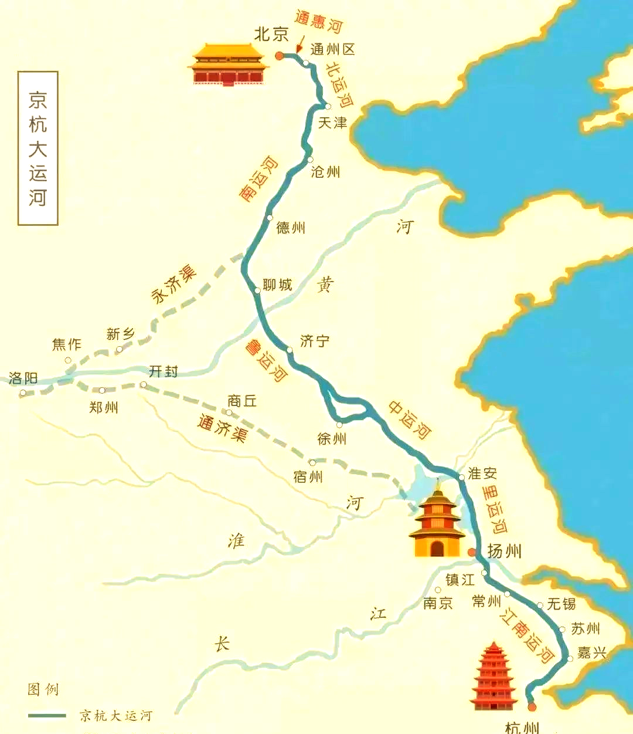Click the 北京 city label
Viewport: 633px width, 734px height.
(x=271, y=35)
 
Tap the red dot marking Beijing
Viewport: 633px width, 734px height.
(x=280, y=56)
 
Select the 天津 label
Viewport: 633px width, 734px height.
(x=332, y=123)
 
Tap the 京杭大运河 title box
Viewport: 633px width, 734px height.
(x=38, y=148)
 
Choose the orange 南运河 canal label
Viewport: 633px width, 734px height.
(x=259, y=179)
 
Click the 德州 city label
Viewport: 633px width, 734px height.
(x=291, y=228)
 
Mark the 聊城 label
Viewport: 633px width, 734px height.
(x=277, y=285)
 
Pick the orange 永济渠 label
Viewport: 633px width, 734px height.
(x=173, y=284)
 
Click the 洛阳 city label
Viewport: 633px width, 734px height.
(x=23, y=378)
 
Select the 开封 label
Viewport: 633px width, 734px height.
(x=163, y=371)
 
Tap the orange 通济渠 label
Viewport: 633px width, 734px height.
(x=222, y=428)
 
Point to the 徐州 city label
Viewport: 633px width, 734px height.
(x=332, y=438)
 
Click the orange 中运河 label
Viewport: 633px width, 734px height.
(x=410, y=419)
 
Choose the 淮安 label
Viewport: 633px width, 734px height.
(x=482, y=473)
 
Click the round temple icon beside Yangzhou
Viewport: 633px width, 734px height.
(x=437, y=522)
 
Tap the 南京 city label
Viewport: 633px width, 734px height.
(x=438, y=603)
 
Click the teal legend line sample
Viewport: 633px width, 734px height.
(x=47, y=715)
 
